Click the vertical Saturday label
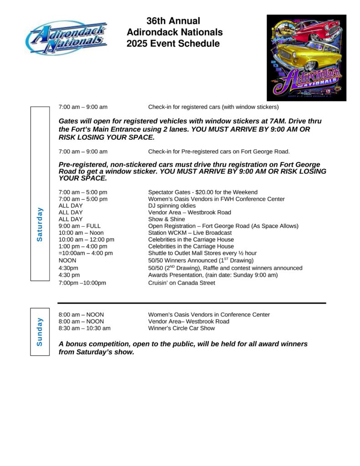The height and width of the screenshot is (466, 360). click(x=40, y=224)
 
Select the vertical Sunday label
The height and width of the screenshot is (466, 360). click(x=40, y=331)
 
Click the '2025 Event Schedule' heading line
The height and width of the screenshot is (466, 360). click(x=173, y=44)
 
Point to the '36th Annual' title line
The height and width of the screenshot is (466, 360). click(x=173, y=21)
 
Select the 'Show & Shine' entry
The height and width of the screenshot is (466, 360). click(x=167, y=219)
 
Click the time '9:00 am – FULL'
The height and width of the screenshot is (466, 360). click(x=80, y=226)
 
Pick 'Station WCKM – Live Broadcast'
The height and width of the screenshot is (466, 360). click(x=190, y=233)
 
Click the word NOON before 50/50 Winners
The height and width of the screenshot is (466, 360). click(x=67, y=260)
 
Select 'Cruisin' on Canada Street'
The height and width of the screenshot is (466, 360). click(x=182, y=283)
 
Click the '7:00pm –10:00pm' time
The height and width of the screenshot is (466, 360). click(x=82, y=283)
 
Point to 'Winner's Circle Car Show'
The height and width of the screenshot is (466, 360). click(x=182, y=328)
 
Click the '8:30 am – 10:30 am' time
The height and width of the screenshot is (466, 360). click(x=85, y=328)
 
